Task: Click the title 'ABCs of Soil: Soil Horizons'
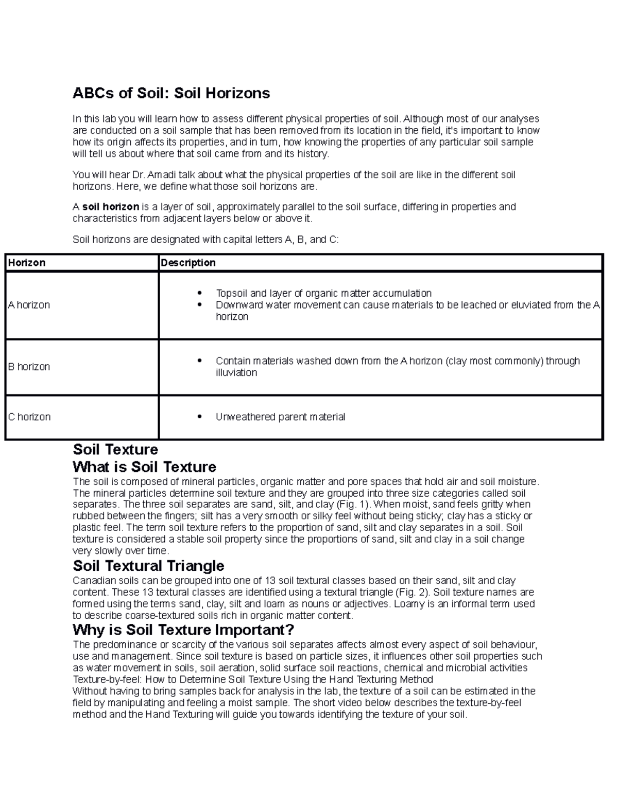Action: click(171, 93)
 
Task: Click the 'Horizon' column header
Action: click(27, 263)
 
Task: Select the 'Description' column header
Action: click(188, 263)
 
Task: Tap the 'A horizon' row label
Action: click(29, 305)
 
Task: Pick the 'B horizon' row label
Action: click(29, 367)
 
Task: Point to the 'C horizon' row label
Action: click(29, 417)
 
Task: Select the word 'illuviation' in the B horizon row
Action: click(236, 372)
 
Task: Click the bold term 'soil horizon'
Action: click(111, 207)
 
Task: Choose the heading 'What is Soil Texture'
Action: click(144, 467)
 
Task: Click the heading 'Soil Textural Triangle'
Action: click(148, 566)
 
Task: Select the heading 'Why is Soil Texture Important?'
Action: click(183, 629)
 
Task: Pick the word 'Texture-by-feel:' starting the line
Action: click(105, 679)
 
